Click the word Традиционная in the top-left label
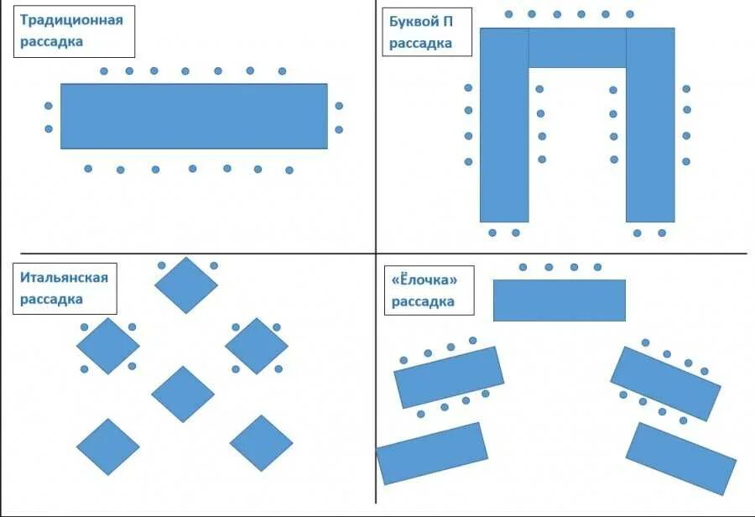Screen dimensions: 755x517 pyautogui.click(x=71, y=20)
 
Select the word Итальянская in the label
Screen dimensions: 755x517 pyautogui.click(x=65, y=278)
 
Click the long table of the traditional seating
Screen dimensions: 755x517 pyautogui.click(x=194, y=116)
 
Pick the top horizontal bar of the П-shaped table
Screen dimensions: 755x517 pyautogui.click(x=577, y=48)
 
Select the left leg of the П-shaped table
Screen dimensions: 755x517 pyautogui.click(x=504, y=126)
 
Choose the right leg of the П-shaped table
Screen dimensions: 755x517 pyautogui.click(x=650, y=126)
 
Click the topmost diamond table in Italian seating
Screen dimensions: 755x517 pyautogui.click(x=186, y=285)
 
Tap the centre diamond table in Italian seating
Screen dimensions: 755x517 pyautogui.click(x=183, y=394)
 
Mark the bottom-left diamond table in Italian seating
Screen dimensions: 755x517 pyautogui.click(x=108, y=446)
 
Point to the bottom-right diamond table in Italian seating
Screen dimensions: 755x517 pyautogui.click(x=261, y=443)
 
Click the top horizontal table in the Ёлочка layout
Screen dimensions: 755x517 pyautogui.click(x=559, y=300)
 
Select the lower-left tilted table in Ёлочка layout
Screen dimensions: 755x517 pyautogui.click(x=432, y=453)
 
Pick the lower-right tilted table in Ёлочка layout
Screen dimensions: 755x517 pyautogui.click(x=680, y=458)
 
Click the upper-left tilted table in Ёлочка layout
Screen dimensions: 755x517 pyautogui.click(x=449, y=377)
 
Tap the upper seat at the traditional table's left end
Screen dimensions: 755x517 pyautogui.click(x=49, y=106)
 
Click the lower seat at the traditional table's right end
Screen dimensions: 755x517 pyautogui.click(x=339, y=129)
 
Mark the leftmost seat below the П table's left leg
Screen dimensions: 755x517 pyautogui.click(x=492, y=232)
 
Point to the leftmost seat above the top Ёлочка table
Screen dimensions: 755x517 pyautogui.click(x=523, y=267)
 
